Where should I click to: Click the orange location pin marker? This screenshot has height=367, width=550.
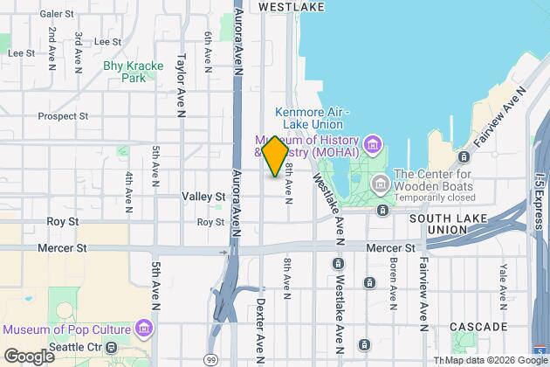click(274, 156)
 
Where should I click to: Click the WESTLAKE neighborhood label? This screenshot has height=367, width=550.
click(292, 6)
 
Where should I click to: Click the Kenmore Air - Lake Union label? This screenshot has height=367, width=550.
click(312, 118)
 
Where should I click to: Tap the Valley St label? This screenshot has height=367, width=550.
click(204, 197)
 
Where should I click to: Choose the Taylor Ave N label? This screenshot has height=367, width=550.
click(181, 79)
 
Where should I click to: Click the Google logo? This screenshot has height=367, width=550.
click(29, 356)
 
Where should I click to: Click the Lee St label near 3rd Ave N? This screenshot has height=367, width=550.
click(107, 41)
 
